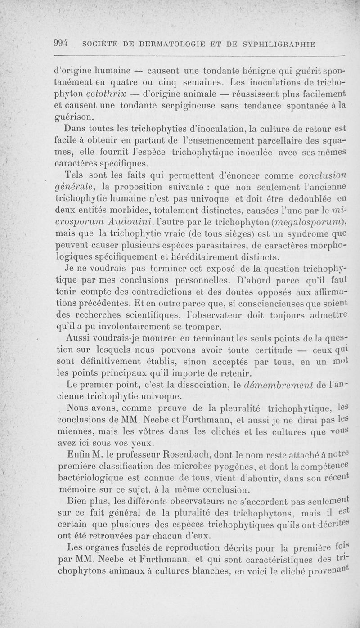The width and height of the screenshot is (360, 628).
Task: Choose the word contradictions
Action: click(x=160, y=292)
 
